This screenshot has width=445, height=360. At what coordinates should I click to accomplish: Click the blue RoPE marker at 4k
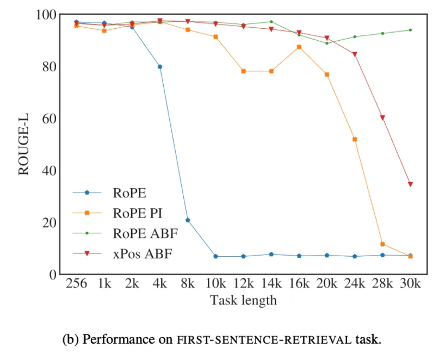160,66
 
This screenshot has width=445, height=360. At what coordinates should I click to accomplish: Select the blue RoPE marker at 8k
188,220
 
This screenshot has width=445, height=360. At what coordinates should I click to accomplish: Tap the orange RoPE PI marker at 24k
355,139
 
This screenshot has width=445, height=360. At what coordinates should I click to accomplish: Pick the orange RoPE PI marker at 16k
299,47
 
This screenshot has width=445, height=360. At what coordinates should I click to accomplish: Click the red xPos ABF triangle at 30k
410,184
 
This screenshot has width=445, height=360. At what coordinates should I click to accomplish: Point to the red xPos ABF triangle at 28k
382,117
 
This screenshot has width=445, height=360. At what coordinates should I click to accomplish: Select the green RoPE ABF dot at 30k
410,30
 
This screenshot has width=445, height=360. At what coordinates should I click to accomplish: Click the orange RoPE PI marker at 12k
243,71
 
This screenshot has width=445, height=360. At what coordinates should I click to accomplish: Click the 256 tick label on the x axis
76,285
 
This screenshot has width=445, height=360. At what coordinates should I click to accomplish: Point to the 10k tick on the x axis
215,285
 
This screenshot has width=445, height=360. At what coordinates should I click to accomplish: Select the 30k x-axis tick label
410,285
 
